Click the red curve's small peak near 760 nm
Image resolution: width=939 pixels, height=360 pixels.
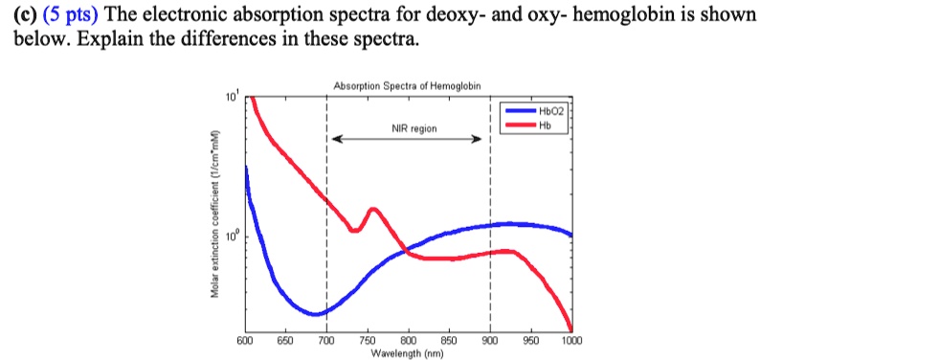click(372, 208)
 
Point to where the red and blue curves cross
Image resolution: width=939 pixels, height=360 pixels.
click(406, 251)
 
